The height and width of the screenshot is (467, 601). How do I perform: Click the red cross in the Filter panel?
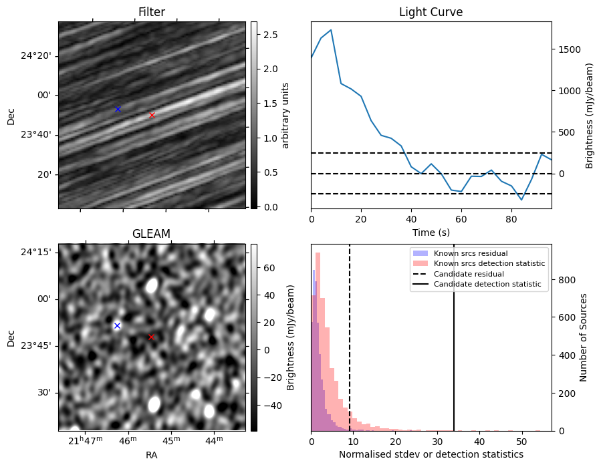152,116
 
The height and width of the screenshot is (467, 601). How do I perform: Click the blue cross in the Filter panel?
118,109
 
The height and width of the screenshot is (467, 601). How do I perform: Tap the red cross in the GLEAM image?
151,337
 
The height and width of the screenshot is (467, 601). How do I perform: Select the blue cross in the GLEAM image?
117,325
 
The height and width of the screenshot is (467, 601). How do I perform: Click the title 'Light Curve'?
431,12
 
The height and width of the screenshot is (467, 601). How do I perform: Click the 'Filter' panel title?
152,12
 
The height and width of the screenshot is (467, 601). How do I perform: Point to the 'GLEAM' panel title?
151,234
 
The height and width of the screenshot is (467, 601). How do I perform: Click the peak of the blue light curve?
331,30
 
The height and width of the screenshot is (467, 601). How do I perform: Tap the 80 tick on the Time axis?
511,219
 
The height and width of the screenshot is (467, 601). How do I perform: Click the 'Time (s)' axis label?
431,232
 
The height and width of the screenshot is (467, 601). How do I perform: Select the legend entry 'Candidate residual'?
469,274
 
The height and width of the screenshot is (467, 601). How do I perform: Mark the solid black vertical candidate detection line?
454,337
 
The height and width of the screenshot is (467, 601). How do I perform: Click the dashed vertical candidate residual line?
350,337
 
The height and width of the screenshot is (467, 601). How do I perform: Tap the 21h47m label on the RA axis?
86,441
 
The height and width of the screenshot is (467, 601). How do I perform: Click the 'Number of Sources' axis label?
584,337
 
